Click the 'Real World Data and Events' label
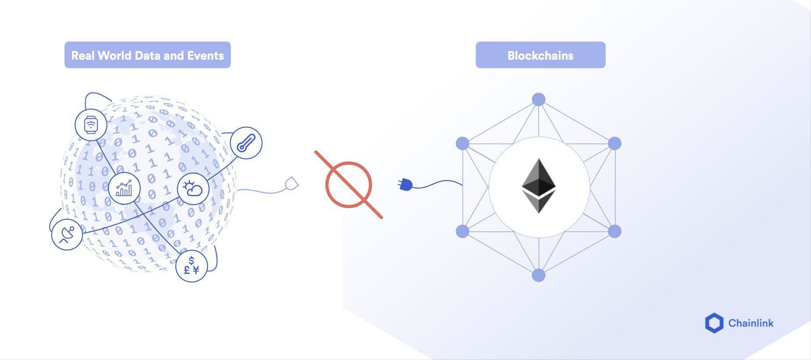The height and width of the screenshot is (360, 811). (x=147, y=55)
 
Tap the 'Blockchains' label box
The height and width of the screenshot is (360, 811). (x=540, y=55)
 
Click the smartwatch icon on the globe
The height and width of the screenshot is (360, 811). (x=91, y=125)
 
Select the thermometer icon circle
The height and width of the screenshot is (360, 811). (x=246, y=143)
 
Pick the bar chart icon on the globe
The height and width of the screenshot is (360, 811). (x=124, y=188)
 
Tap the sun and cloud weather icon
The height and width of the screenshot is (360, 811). (x=193, y=188)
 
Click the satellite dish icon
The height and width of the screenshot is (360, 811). (x=67, y=234)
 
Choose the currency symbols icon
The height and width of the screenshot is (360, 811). (x=191, y=266)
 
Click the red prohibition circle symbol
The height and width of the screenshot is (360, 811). (x=349, y=185)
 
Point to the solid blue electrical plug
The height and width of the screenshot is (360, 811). (x=405, y=184)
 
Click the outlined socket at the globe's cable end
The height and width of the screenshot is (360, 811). (x=291, y=184)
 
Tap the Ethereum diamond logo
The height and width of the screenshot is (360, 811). (x=538, y=186)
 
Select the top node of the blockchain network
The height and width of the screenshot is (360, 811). (x=538, y=100)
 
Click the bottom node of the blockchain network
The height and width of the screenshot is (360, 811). (x=538, y=275)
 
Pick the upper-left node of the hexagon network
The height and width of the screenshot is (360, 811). (x=463, y=144)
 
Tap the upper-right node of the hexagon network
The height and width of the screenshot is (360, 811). (x=614, y=144)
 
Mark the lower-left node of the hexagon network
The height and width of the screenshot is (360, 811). (x=463, y=231)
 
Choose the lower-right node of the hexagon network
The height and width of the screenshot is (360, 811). (x=614, y=231)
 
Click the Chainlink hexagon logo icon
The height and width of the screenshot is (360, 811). (x=714, y=323)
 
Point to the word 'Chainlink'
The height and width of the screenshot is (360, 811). (x=751, y=323)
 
